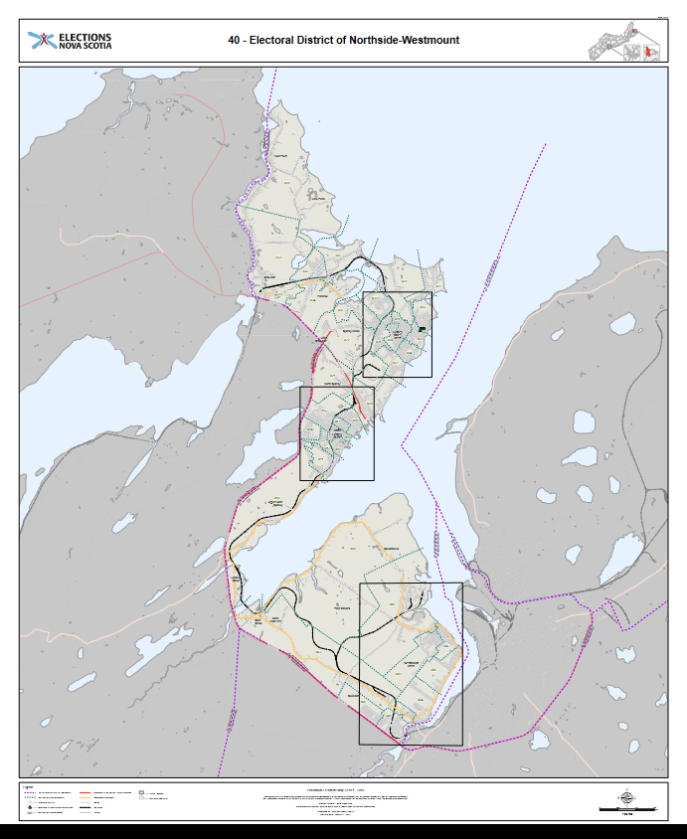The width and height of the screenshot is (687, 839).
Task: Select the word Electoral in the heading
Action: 270,41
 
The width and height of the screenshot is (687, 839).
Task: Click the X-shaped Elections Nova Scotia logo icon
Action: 41,41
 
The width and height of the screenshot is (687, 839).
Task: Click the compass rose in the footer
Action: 626,795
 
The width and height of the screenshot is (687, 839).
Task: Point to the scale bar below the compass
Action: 626,809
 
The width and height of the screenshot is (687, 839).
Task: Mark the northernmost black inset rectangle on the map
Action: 397,334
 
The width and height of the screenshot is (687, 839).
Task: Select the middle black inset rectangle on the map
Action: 336,433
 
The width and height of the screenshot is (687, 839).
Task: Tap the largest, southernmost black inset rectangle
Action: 410,663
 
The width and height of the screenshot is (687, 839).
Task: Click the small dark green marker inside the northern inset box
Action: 422,329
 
